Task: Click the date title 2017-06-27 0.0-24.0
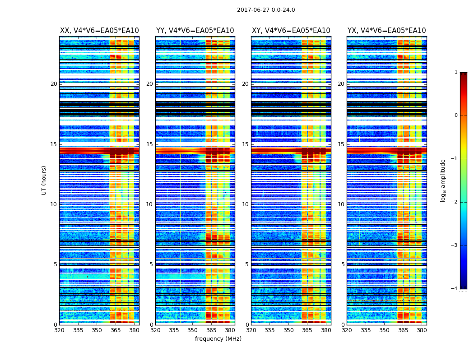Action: coord(266,10)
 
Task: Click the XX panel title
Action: coord(99,31)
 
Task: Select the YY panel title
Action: coord(195,31)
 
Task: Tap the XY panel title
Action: coord(291,31)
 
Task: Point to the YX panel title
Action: coord(387,31)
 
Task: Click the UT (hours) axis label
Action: coord(44,180)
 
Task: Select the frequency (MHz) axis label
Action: coord(218,339)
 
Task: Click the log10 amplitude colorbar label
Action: coord(443,180)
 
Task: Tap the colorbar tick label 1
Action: coord(455,72)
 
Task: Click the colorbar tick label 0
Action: coord(455,116)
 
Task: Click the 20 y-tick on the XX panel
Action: coord(54,84)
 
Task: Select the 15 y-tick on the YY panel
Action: coord(149,144)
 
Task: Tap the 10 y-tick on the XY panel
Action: coord(245,204)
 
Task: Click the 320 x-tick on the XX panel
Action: coord(59,330)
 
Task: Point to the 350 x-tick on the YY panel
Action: coord(193,330)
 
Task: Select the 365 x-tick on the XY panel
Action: coord(307,330)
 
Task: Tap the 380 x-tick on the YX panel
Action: coord(422,330)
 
